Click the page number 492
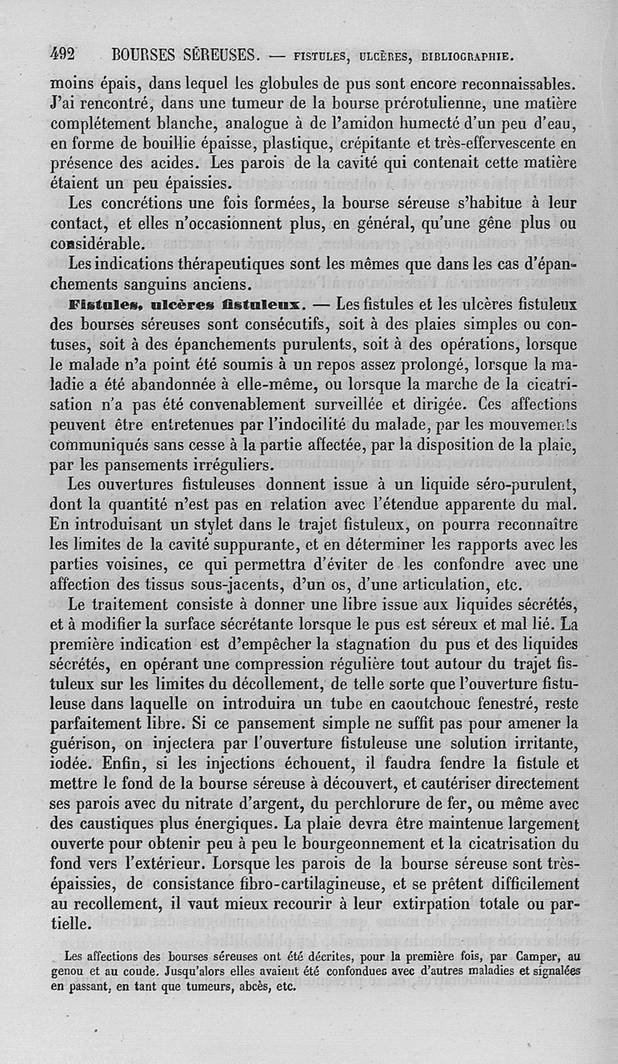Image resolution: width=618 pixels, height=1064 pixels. click(62, 55)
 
